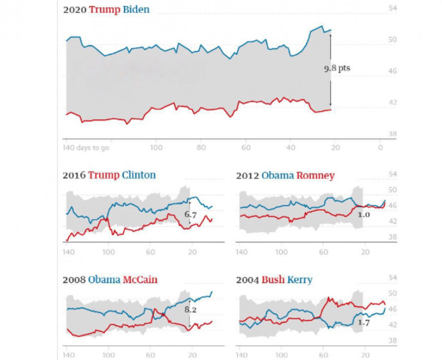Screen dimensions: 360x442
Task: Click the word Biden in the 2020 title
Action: coord(137,10)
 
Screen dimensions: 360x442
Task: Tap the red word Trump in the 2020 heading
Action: coord(106,10)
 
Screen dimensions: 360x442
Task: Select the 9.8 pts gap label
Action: coord(337,68)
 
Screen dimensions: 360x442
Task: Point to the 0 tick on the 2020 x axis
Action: coord(380,147)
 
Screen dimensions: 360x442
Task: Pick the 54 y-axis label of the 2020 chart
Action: coord(392,8)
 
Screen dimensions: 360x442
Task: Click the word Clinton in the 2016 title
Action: coord(139,175)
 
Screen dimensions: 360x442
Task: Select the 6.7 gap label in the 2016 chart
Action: coord(190,215)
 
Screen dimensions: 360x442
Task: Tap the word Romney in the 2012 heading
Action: coord(317,175)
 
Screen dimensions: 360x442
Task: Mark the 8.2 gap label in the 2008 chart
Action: coord(190,310)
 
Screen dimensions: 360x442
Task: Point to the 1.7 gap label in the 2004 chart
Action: coord(364,323)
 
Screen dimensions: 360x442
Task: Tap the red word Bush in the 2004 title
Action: coord(273,280)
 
